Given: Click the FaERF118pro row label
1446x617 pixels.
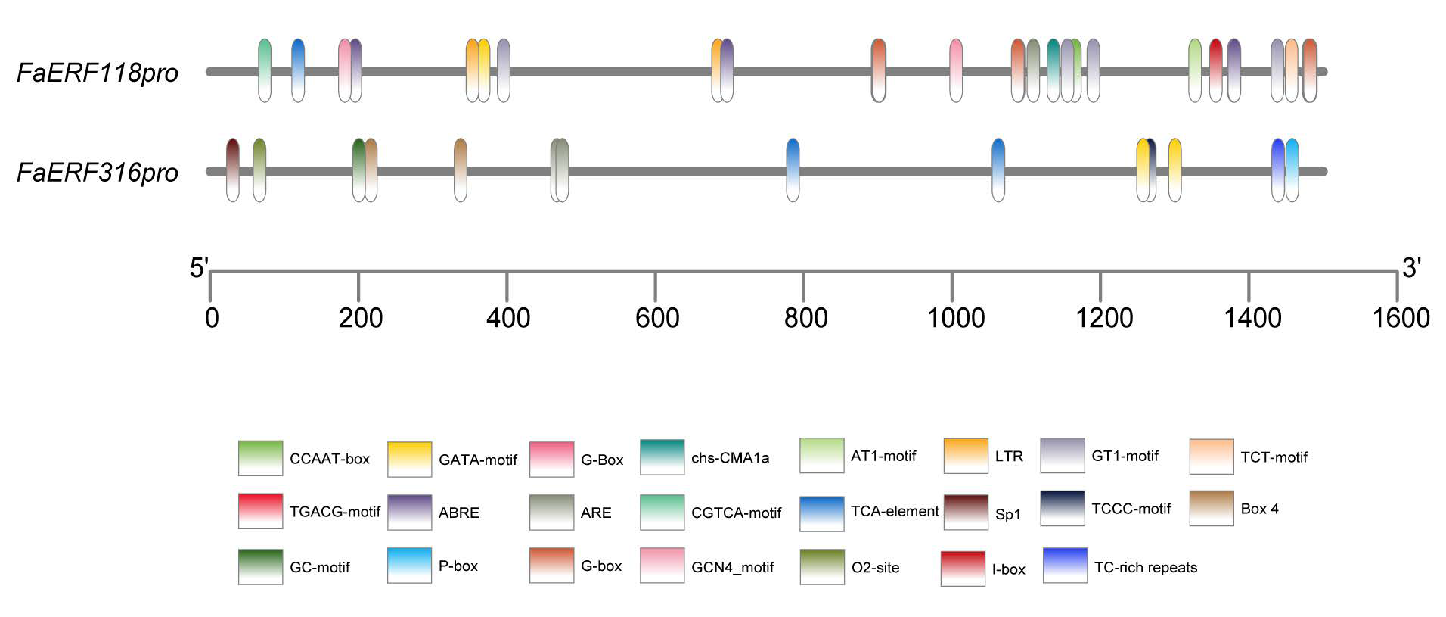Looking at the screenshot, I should pyautogui.click(x=98, y=73).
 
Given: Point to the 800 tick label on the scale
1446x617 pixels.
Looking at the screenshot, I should pyautogui.click(x=805, y=318).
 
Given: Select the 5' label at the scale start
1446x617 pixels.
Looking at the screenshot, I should pyautogui.click(x=199, y=268).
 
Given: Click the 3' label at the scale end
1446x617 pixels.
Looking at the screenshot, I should pyautogui.click(x=1412, y=268).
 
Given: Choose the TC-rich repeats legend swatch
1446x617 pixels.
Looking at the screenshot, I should pyautogui.click(x=1065, y=565).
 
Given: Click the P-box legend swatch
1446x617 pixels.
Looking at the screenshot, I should pyautogui.click(x=409, y=565).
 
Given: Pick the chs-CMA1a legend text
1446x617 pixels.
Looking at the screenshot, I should pyautogui.click(x=730, y=458).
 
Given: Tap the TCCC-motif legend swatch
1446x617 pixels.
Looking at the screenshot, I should pyautogui.click(x=1062, y=508).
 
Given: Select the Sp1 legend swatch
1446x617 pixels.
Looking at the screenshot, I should pyautogui.click(x=965, y=512).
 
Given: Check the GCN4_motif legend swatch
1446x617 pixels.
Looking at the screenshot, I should pyautogui.click(x=662, y=565).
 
